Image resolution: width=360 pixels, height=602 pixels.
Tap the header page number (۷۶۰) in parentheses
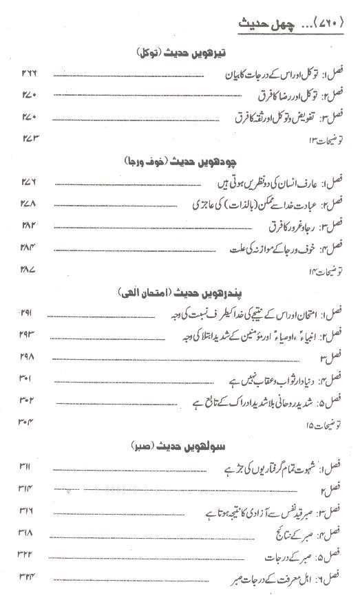[332, 26]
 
